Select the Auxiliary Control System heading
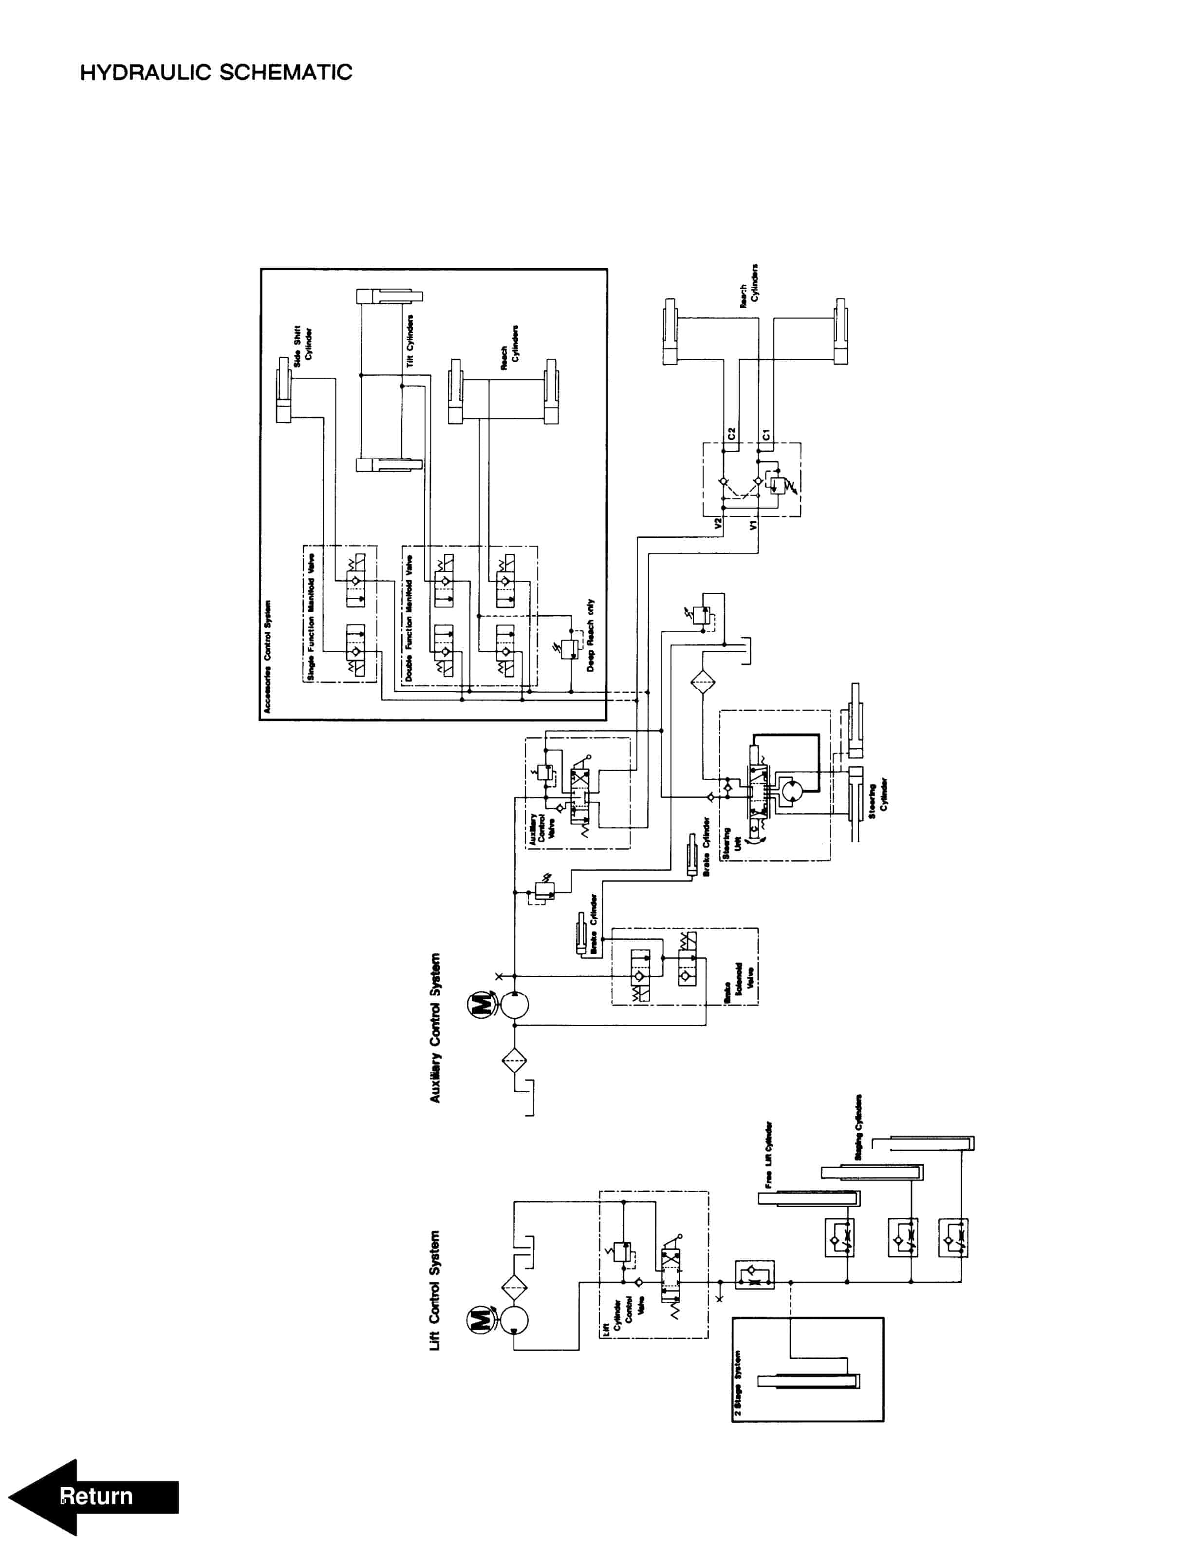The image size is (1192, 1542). (435, 1028)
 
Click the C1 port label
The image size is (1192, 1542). (767, 434)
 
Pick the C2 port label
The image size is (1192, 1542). (731, 434)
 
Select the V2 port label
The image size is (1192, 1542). (718, 524)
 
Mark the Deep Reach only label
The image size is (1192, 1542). (590, 635)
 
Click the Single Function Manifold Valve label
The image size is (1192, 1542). (311, 618)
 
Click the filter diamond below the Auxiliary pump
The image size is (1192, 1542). (514, 1061)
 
